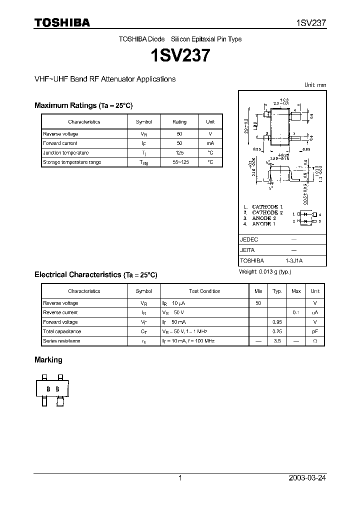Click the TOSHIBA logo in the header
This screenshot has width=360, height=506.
(62, 22)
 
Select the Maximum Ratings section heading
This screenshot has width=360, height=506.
(83, 105)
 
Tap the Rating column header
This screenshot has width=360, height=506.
(179, 121)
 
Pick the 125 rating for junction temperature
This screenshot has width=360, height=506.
(179, 152)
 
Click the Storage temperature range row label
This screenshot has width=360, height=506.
(72, 162)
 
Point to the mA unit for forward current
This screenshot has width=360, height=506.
(210, 143)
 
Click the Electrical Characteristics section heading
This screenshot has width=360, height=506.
(95, 274)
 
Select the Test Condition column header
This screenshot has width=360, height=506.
(204, 291)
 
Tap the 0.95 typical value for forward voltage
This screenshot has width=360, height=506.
(277, 322)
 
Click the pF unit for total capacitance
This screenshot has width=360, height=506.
(315, 331)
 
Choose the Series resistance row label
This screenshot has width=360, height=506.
(61, 341)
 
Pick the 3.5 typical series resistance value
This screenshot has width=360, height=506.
(277, 341)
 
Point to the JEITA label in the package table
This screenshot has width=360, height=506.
(248, 250)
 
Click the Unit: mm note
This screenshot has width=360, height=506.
(315, 85)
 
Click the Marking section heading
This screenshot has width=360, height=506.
(48, 359)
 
